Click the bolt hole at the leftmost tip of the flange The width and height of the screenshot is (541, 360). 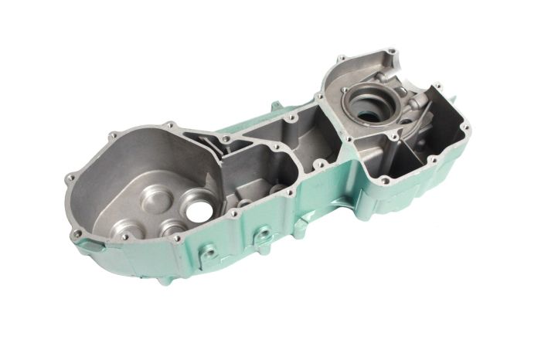pyautogui.click(x=70, y=178)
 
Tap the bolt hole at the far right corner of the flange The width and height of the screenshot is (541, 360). pyautogui.click(x=465, y=125)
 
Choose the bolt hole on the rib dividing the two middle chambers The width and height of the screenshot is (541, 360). pyautogui.click(x=317, y=165)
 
